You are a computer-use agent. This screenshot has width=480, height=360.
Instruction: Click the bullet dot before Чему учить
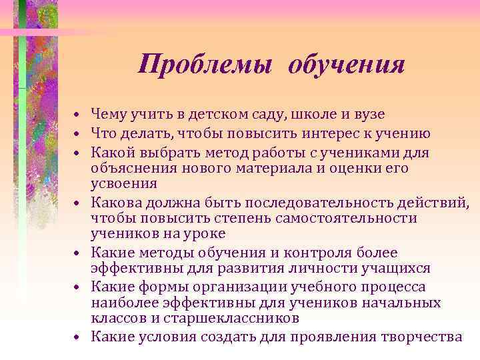(78, 115)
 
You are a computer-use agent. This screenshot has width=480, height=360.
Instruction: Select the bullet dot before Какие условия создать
(78, 338)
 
